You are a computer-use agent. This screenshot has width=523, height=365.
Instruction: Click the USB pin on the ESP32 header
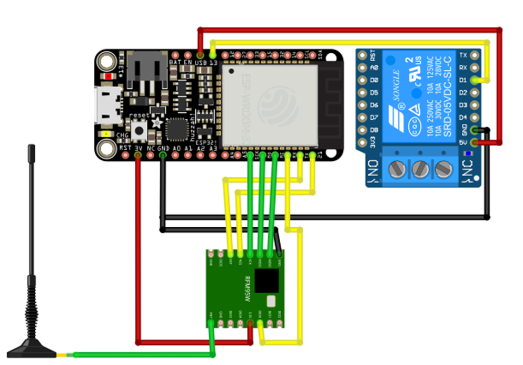coord(200,55)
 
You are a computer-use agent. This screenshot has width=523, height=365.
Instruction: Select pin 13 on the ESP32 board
coord(213,55)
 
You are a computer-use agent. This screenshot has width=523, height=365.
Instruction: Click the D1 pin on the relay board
coord(476,80)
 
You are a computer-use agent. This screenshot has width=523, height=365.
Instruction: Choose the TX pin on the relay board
coord(476,55)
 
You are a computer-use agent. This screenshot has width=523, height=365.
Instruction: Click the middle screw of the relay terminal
coord(420,169)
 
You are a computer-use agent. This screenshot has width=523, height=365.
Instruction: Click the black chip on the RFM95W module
coord(267,281)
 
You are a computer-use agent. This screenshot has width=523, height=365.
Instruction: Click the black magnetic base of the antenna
coord(32,349)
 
